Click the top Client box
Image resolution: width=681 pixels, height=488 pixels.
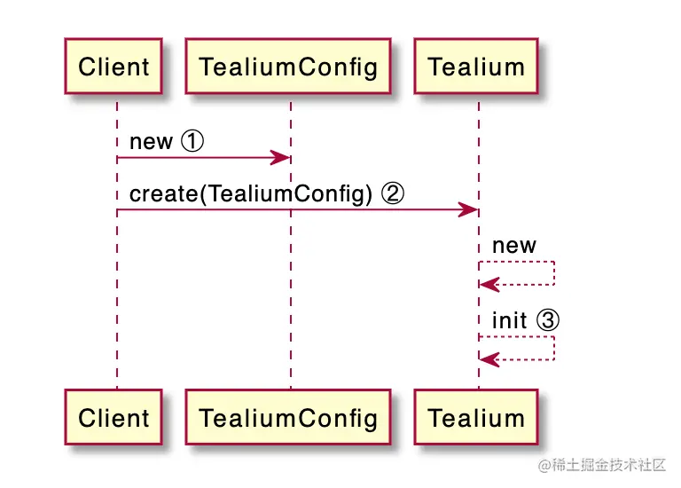point(113,66)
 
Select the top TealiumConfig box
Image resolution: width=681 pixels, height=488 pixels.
point(288,66)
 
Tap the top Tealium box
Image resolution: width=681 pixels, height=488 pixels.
point(476,66)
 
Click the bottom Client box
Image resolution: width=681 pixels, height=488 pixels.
point(113,417)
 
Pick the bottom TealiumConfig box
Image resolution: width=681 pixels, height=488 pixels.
point(288,417)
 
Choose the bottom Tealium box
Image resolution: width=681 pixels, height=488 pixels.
point(476,417)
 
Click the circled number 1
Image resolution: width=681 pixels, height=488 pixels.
point(192,141)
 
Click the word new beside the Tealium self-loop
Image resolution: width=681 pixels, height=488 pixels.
point(514,246)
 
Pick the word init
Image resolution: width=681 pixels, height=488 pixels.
point(509,319)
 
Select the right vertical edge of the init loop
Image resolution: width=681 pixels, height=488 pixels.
point(555,348)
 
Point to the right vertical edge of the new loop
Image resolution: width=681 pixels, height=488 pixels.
point(555,273)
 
